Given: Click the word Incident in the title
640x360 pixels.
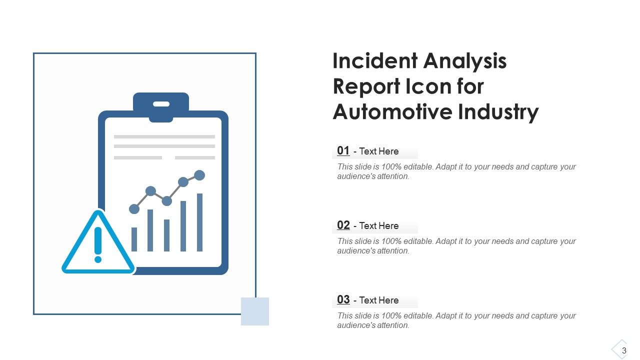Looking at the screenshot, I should tap(375, 61).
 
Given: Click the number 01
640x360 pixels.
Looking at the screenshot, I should tap(343, 150).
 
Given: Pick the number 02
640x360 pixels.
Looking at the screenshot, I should tap(343, 225).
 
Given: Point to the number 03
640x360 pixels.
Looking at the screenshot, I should tap(343, 299).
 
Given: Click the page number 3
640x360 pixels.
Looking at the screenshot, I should tap(624, 351).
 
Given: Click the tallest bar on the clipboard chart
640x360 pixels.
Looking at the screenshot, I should tap(199, 222).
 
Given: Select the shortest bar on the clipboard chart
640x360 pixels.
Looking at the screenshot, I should tap(134, 239).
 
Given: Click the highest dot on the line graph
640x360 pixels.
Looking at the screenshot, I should tap(199, 175).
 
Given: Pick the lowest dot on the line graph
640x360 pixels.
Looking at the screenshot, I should tap(134, 209).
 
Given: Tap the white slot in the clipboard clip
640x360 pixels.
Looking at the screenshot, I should tap(161, 104).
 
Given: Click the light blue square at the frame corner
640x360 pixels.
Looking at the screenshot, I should tap(255, 311).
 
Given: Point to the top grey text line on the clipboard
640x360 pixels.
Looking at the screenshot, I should tap(164, 136).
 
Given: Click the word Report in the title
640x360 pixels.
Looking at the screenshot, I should tap(361, 86).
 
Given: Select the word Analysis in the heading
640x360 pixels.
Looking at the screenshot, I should tap(465, 61).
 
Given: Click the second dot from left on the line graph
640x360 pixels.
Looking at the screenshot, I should tap(150, 190).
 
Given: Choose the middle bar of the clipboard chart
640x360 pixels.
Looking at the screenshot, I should tap(166, 235).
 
